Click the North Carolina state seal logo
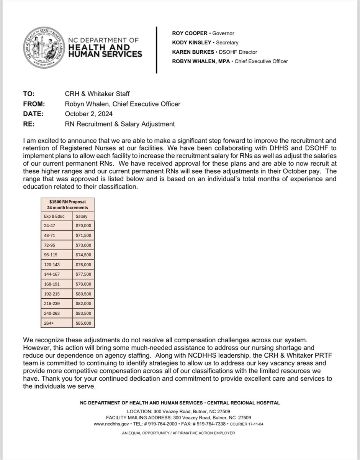(x=44, y=48)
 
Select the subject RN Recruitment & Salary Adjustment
(x=120, y=124)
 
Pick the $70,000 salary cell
(x=83, y=226)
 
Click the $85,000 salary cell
(x=83, y=323)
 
